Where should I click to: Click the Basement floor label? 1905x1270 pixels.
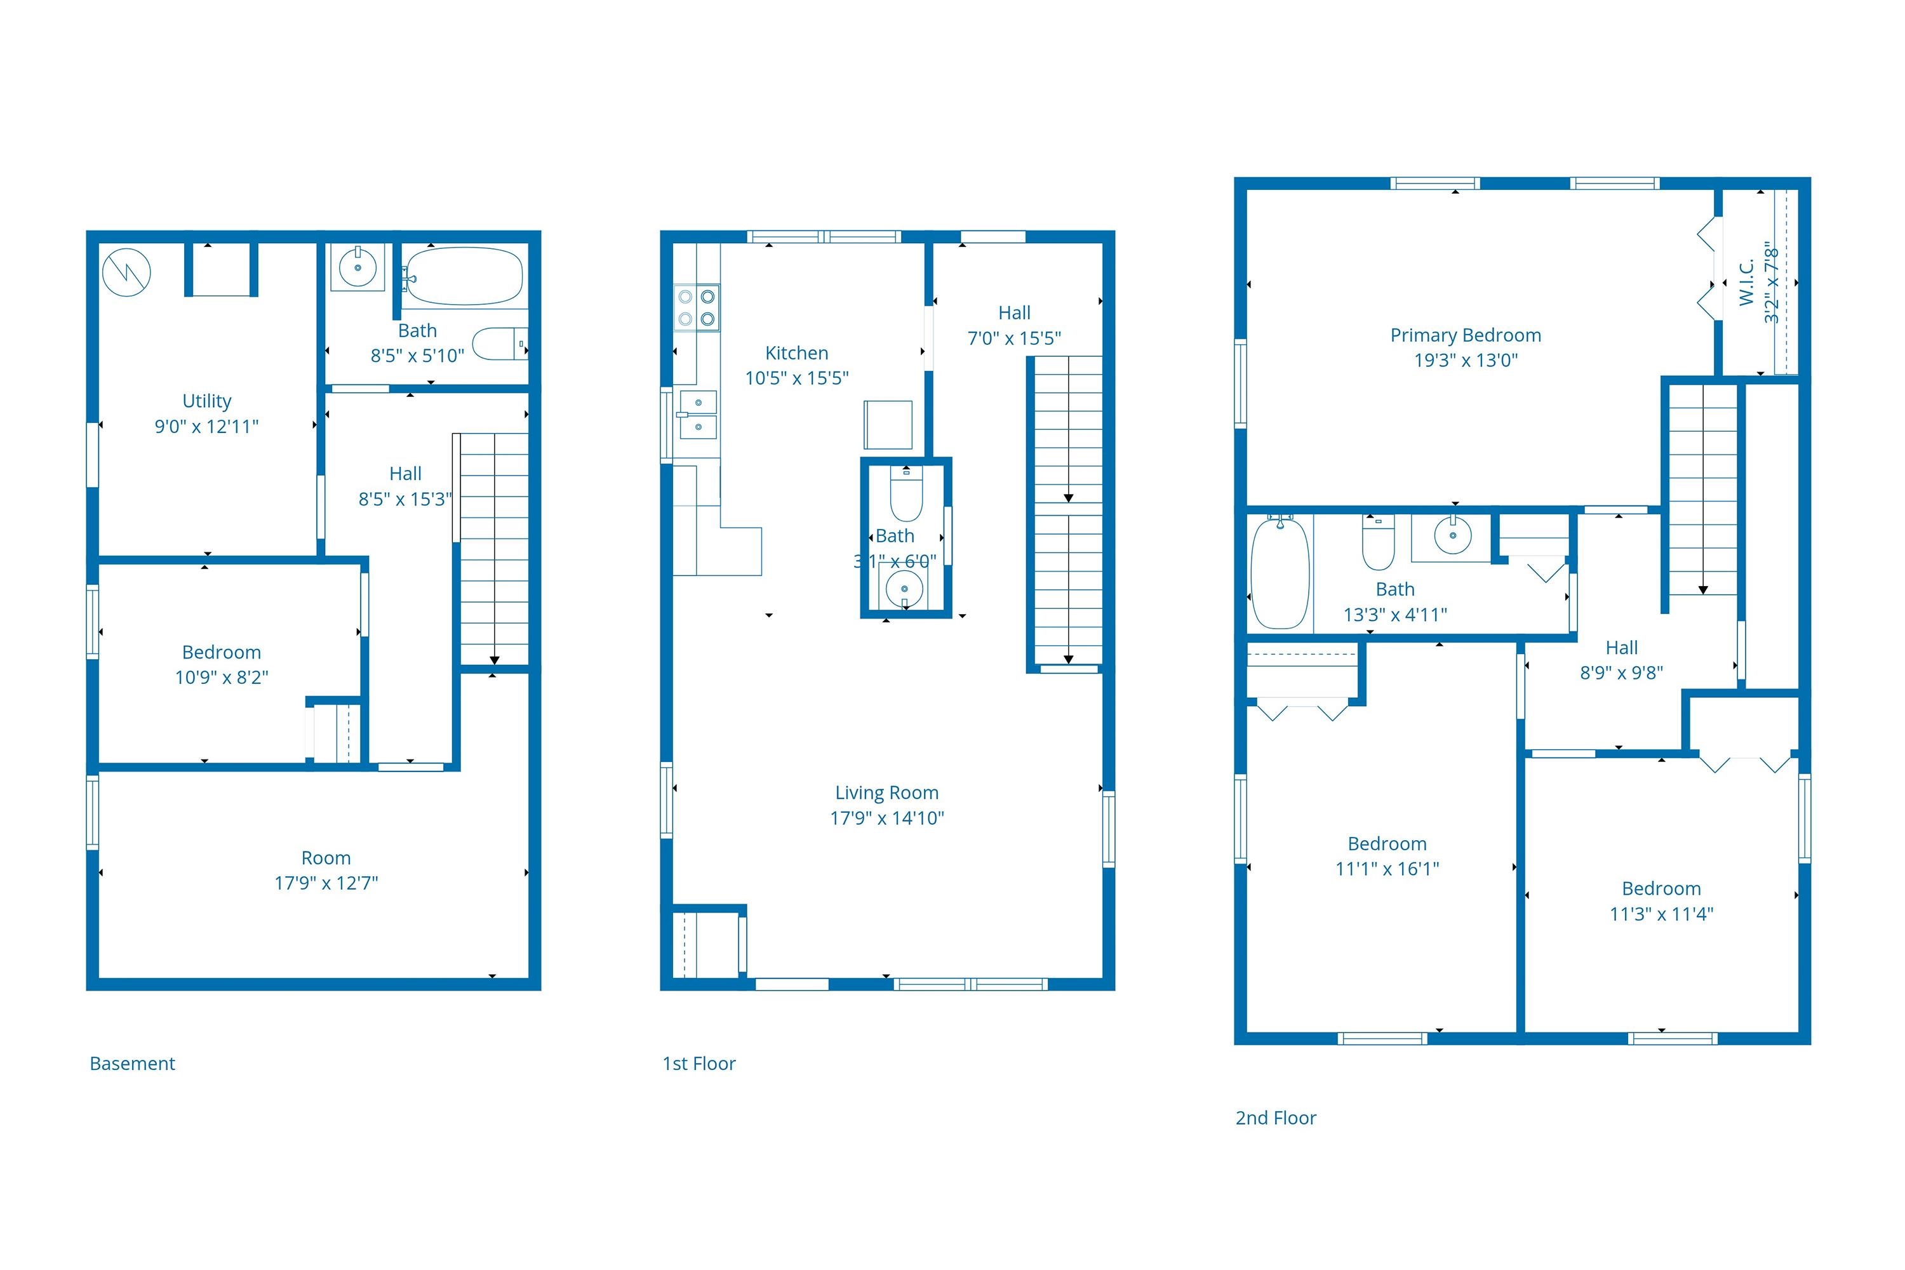(132, 1064)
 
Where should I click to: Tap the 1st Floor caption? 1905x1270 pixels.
(699, 1064)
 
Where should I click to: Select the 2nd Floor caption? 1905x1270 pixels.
(1276, 1118)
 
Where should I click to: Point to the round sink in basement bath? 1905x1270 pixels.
(357, 267)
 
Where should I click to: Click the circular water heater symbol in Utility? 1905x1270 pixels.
(126, 272)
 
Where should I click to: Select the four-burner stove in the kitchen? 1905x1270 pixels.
(697, 308)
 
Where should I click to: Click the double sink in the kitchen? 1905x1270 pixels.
(697, 414)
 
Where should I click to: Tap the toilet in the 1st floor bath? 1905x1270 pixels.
(906, 493)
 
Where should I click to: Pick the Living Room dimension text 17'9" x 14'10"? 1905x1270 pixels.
(887, 818)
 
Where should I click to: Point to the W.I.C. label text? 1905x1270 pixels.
(1746, 282)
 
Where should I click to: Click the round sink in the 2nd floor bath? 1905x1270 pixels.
(1453, 535)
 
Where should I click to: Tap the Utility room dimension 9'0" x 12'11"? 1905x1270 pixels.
(206, 426)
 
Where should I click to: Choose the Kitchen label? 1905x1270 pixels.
(797, 353)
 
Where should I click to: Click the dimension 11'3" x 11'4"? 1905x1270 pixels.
(1661, 914)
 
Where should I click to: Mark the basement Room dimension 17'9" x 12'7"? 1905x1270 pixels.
(326, 883)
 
